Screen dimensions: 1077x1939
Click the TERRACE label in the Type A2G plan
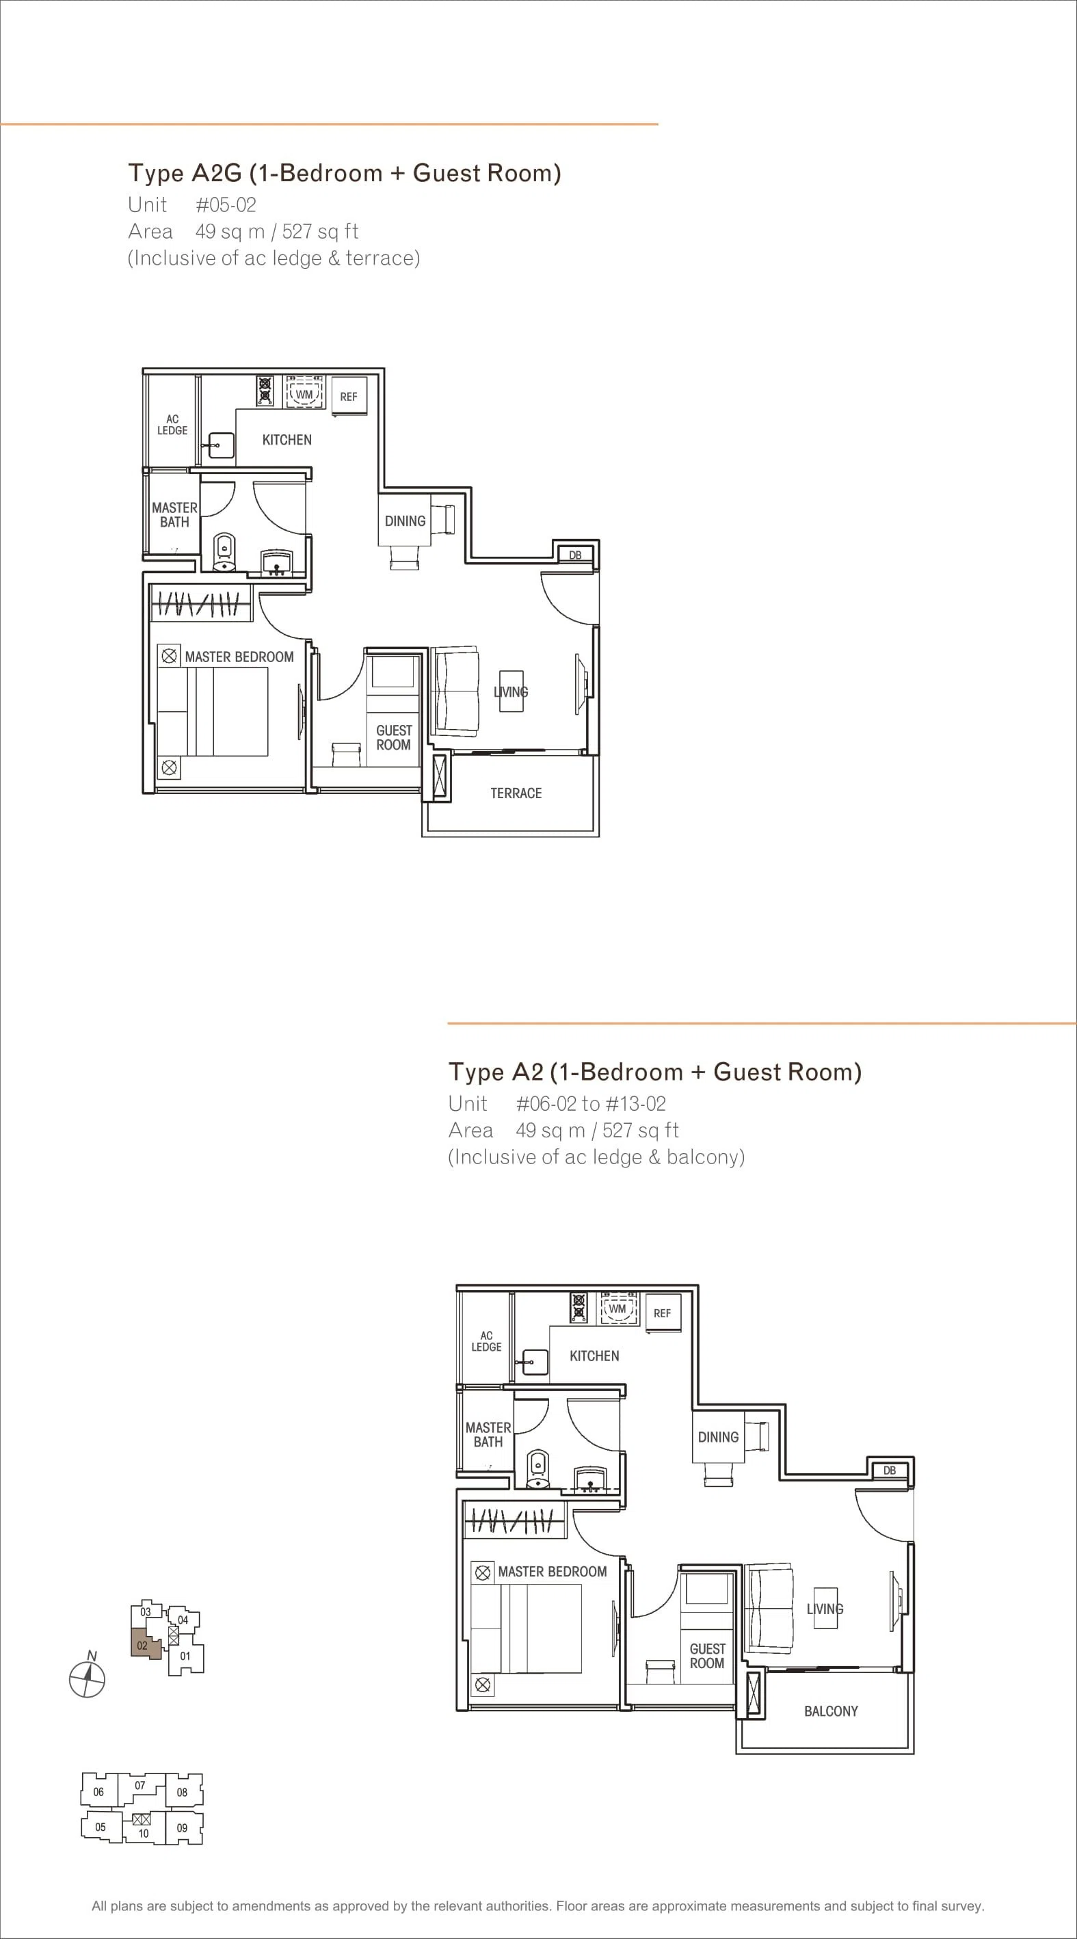point(516,793)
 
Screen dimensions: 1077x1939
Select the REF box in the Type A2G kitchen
point(349,396)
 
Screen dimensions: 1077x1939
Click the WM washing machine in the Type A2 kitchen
point(617,1309)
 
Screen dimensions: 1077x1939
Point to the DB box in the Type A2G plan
point(576,555)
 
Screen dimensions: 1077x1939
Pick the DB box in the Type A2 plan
point(890,1470)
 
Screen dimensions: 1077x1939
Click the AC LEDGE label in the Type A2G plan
point(172,425)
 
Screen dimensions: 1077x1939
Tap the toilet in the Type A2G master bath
point(224,553)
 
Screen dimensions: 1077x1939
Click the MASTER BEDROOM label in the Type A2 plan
point(553,1572)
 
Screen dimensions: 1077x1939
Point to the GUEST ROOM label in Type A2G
point(394,738)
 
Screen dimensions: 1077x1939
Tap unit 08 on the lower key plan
point(183,1791)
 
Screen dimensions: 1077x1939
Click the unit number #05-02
point(226,205)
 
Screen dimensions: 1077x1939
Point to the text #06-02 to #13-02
point(591,1104)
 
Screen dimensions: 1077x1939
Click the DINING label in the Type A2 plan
point(718,1437)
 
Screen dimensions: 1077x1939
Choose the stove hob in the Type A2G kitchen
point(265,391)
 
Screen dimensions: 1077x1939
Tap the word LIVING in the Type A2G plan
point(511,691)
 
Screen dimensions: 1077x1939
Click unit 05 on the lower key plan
point(101,1826)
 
